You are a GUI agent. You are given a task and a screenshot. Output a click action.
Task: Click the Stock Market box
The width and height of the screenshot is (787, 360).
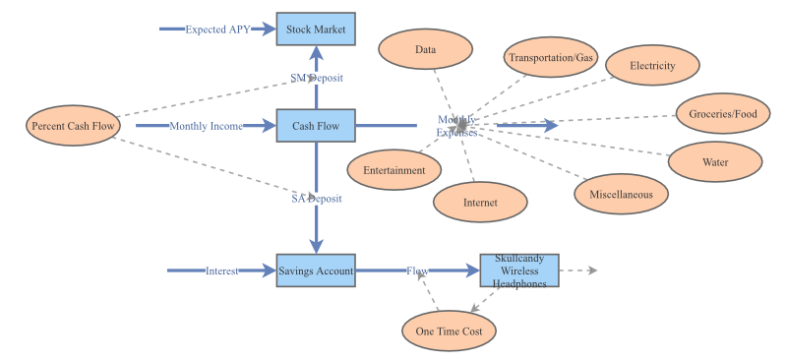click(x=316, y=30)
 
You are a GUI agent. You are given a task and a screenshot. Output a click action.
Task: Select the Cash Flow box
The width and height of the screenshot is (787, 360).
click(x=316, y=126)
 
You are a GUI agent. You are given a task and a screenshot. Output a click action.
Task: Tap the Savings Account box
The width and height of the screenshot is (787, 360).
click(x=316, y=270)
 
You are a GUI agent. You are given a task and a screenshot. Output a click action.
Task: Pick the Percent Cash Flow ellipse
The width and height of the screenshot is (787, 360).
click(x=74, y=126)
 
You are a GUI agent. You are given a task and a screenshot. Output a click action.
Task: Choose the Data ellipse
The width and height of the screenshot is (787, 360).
click(x=425, y=49)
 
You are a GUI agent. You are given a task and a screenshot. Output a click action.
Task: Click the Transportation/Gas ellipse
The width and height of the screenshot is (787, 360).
click(x=551, y=58)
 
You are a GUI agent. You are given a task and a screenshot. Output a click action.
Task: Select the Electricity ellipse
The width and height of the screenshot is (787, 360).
click(x=652, y=66)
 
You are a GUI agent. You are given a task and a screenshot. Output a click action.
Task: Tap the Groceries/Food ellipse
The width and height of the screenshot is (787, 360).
click(x=723, y=114)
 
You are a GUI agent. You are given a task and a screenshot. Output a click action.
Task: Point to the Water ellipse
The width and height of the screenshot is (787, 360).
click(x=715, y=161)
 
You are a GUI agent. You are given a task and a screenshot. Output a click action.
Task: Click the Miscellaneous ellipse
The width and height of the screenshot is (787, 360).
click(x=621, y=194)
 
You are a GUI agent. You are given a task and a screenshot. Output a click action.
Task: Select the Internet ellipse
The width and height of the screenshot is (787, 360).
click(x=480, y=203)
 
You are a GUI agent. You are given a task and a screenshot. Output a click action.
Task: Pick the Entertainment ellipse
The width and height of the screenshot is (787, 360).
click(x=393, y=170)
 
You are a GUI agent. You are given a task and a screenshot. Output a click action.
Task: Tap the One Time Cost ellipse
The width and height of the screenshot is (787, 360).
click(x=449, y=331)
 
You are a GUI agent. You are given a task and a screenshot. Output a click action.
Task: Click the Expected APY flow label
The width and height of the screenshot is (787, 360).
click(x=217, y=30)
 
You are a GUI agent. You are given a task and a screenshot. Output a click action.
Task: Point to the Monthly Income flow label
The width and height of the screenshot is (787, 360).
click(x=207, y=126)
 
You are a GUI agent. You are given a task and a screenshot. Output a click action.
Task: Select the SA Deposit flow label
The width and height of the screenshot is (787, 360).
click(x=316, y=199)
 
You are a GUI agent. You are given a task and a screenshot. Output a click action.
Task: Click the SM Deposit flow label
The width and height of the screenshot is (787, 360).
click(x=316, y=78)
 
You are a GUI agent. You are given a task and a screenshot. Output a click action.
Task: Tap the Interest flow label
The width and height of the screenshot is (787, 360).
click(x=221, y=270)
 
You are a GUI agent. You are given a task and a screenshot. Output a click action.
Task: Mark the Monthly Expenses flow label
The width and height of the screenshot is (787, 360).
click(x=457, y=126)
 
